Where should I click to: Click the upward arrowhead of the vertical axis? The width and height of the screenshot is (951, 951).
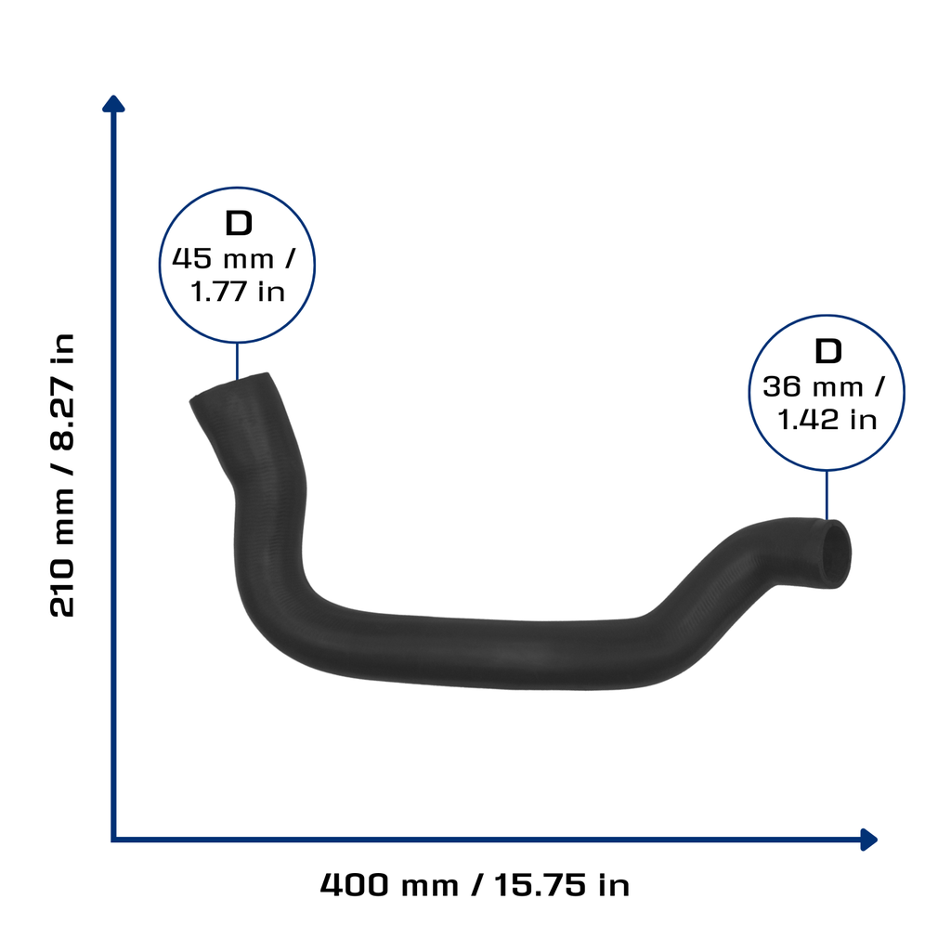pyautogui.click(x=113, y=104)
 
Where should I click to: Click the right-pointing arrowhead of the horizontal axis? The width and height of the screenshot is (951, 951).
pyautogui.click(x=869, y=840)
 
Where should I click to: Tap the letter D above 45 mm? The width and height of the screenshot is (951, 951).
pyautogui.click(x=239, y=223)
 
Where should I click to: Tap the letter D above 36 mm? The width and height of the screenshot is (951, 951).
pyautogui.click(x=827, y=351)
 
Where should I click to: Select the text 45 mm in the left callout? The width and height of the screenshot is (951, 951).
pyautogui.click(x=223, y=259)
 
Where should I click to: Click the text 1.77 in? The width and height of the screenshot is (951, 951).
pyautogui.click(x=238, y=292)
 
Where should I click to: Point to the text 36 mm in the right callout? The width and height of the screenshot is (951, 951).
pyautogui.click(x=813, y=387)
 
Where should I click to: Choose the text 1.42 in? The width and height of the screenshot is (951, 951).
pyautogui.click(x=827, y=420)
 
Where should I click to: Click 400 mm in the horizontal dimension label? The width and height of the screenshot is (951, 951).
pyautogui.click(x=389, y=885)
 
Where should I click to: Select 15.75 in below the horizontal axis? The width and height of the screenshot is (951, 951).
pyautogui.click(x=562, y=885)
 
